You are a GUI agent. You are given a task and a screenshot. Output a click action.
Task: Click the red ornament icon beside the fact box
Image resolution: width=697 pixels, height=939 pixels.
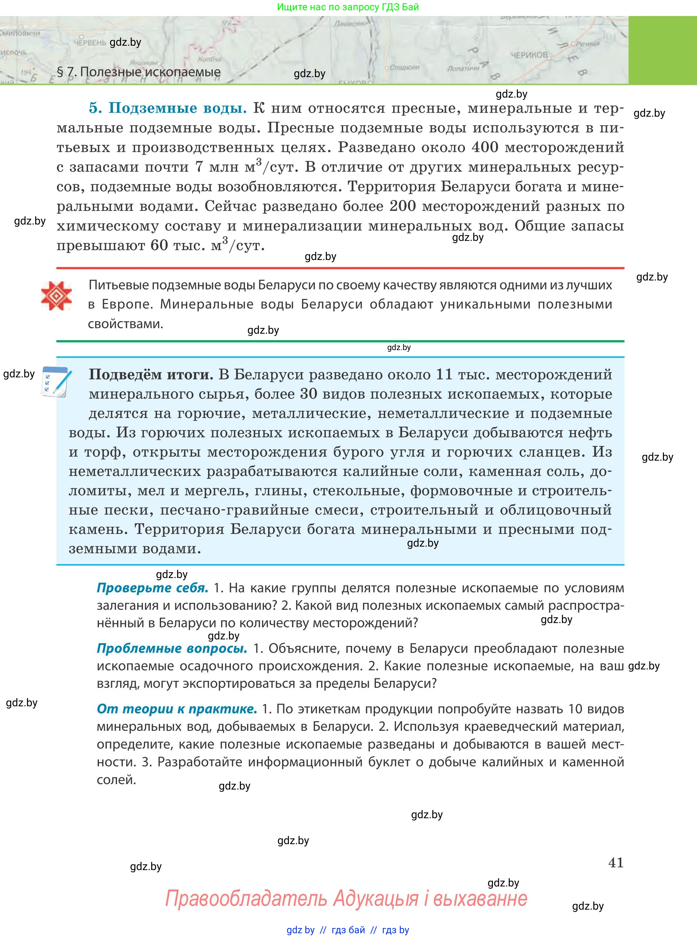click(56, 295)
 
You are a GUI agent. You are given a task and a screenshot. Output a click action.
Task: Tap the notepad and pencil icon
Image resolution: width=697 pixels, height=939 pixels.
click(56, 382)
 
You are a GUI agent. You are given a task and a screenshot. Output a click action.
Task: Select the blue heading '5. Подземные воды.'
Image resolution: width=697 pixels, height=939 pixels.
click(168, 108)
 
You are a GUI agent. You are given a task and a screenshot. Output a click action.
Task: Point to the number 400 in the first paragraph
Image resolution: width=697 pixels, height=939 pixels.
click(485, 147)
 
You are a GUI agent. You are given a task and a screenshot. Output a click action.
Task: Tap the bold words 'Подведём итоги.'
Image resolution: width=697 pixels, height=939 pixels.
click(150, 374)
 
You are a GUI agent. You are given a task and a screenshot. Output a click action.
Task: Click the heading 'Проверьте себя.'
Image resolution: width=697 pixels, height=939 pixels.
click(152, 588)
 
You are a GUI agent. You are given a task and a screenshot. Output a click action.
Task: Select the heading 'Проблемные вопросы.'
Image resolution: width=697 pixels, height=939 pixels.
click(172, 648)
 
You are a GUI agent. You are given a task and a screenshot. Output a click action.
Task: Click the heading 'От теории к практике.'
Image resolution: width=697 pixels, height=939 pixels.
click(177, 709)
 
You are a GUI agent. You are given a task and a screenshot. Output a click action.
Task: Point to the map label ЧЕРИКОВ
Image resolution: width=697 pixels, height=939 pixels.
click(529, 55)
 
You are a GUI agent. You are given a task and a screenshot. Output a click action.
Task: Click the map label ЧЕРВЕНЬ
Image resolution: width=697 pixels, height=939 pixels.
click(89, 43)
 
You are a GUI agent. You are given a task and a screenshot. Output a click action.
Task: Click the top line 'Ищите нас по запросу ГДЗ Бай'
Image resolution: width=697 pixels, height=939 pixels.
click(348, 7)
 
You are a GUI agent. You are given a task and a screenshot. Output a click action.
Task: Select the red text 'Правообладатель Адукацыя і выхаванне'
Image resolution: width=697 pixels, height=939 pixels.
click(346, 898)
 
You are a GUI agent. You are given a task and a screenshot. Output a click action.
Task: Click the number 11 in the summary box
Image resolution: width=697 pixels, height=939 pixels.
click(444, 374)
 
